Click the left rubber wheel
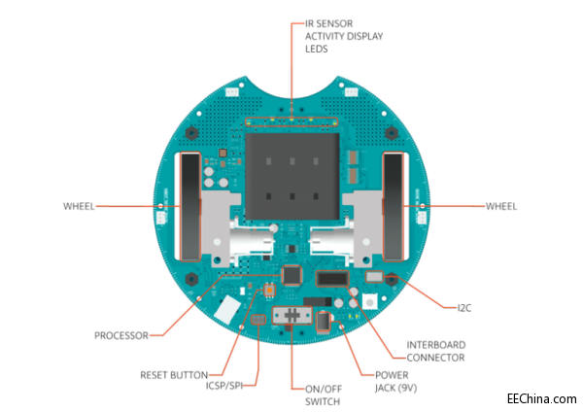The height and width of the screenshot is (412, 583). pos(188,206)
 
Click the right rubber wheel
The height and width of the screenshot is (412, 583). pos(394,206)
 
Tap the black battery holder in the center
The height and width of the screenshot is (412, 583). pos(291,175)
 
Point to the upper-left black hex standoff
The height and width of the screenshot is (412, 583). pos(191,132)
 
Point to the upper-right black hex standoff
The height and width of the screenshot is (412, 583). pos(392,132)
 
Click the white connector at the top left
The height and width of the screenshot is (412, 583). pos(231,93)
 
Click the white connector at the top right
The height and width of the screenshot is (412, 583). pos(351,93)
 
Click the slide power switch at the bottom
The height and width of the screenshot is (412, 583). pos(291,316)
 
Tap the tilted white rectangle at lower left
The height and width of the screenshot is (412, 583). pos(227,310)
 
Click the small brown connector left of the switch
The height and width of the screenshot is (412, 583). pos(258,319)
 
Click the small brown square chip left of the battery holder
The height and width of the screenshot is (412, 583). pos(223,153)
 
